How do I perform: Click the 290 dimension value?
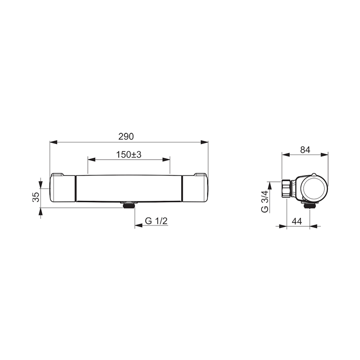[126, 137]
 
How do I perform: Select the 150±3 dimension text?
[129, 155]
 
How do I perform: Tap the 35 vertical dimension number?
[36, 197]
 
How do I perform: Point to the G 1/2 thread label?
[156, 221]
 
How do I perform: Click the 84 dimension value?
[305, 150]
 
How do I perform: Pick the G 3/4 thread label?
[265, 202]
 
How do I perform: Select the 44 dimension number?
[297, 221]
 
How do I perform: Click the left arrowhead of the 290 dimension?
[53, 142]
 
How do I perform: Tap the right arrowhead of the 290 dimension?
[204, 142]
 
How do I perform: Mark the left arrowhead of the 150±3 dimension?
[92, 160]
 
